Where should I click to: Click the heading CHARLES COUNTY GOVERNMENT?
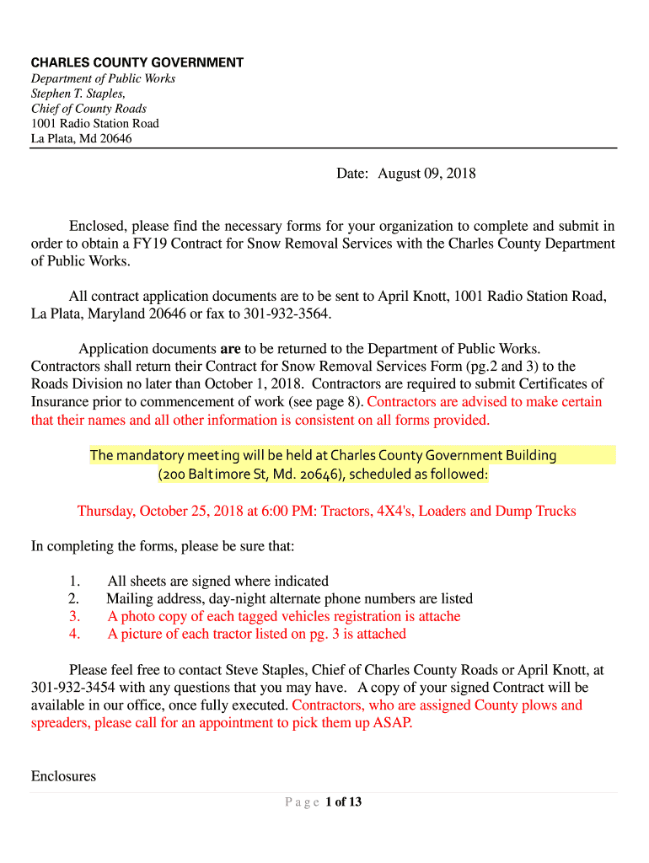[x=137, y=63]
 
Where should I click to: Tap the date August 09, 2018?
[x=426, y=174]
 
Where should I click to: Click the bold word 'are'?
[x=230, y=348]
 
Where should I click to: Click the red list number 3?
[x=74, y=616]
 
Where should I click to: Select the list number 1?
[x=74, y=581]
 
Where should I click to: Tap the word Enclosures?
[x=63, y=776]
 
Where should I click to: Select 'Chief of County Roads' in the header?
[x=88, y=109]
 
